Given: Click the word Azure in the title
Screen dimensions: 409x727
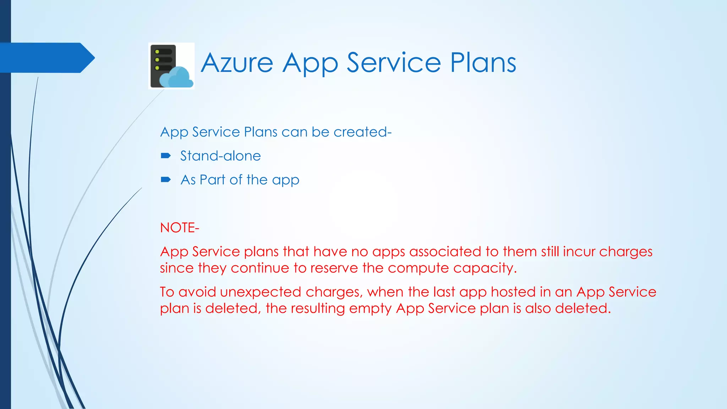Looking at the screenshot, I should pos(237,63).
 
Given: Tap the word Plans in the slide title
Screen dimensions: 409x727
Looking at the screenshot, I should pos(483,63).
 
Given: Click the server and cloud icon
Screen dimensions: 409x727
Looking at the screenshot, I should pos(171,66).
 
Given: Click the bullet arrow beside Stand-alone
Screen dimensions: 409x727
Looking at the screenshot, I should pos(166,156).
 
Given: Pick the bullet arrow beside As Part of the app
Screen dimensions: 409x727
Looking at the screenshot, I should pos(166,180).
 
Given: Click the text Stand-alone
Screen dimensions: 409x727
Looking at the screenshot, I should pos(220,156).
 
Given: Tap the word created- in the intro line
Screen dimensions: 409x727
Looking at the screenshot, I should pos(362,132).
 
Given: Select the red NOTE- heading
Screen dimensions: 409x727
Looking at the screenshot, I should pos(180,228).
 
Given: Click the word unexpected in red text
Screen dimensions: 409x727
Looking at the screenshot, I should pos(261,292).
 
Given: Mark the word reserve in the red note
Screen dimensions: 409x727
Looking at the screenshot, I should pos(332,268).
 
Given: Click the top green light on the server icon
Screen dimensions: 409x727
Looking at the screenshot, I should pos(157,52).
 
